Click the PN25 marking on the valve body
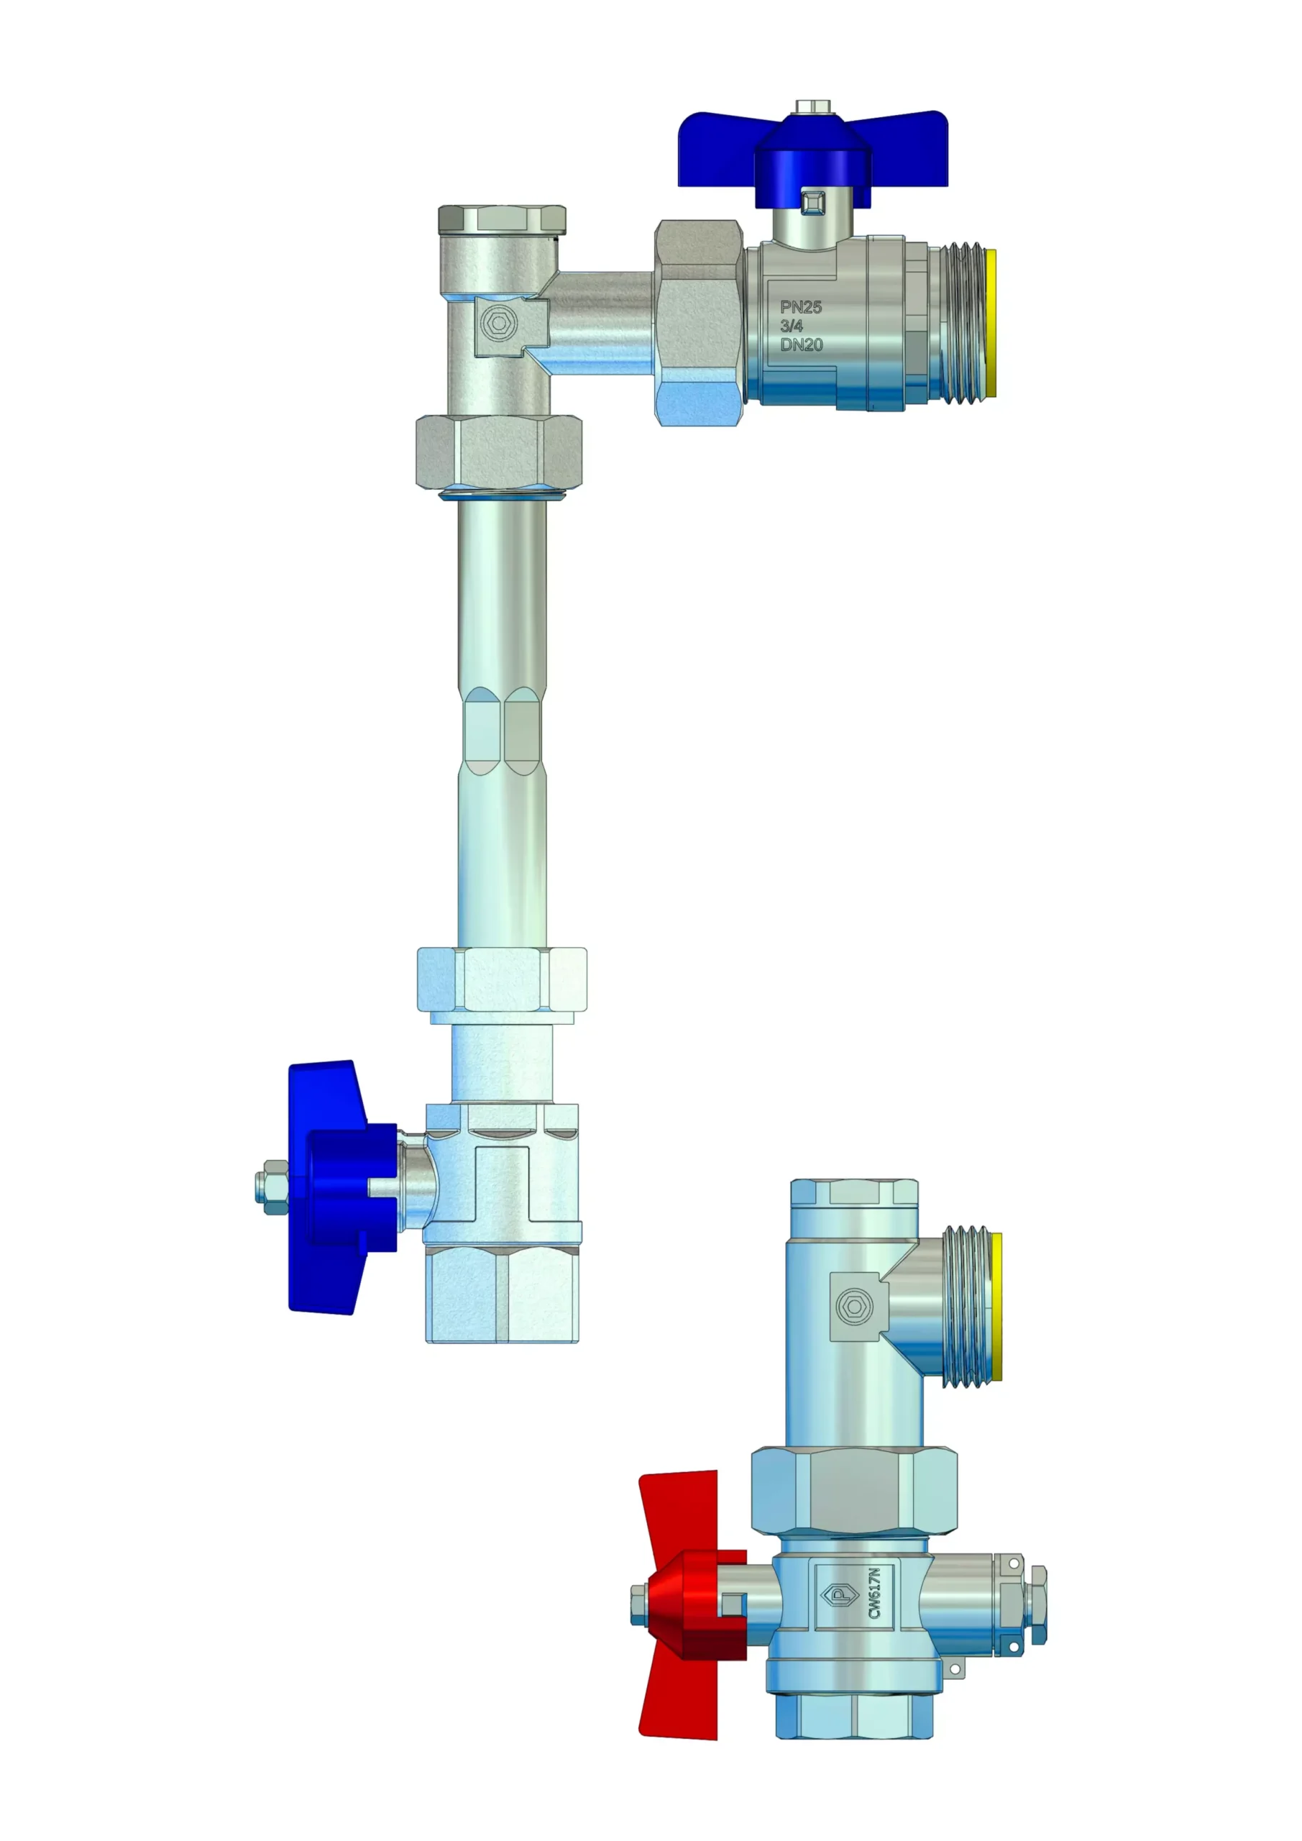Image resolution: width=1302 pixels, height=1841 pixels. click(801, 307)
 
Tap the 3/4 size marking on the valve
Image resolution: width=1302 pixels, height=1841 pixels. click(792, 326)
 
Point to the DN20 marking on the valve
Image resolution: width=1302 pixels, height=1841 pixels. click(802, 344)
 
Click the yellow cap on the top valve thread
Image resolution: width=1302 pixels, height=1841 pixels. click(991, 323)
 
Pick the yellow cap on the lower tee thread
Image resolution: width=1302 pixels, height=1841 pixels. click(996, 1306)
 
